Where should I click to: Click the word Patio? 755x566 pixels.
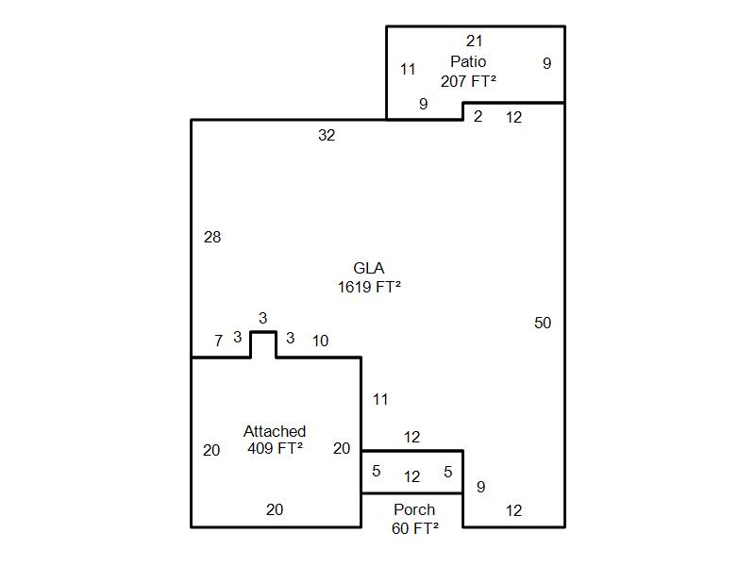click(468, 62)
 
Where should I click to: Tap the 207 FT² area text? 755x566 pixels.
click(468, 82)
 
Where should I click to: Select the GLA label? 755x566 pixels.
click(369, 269)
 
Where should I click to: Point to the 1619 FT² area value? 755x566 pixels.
click(369, 288)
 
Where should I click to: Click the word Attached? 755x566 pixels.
click(275, 432)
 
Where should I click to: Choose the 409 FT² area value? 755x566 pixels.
click(275, 449)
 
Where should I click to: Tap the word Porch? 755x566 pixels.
click(414, 510)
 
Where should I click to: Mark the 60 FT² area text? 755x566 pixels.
click(414, 528)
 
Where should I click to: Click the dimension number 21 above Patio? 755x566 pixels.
click(475, 42)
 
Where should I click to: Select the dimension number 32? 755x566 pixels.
click(327, 136)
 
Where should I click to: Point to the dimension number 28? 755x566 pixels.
click(212, 238)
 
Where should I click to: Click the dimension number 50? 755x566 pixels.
click(543, 324)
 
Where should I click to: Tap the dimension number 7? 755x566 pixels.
click(218, 341)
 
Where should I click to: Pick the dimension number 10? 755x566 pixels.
click(320, 341)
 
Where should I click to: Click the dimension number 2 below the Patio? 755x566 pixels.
click(478, 117)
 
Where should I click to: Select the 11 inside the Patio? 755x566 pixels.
click(408, 70)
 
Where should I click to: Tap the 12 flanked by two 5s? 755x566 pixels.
click(411, 477)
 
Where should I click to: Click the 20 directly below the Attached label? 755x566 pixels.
click(275, 510)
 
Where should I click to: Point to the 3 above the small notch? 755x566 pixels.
click(263, 319)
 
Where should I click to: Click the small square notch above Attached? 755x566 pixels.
click(263, 345)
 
